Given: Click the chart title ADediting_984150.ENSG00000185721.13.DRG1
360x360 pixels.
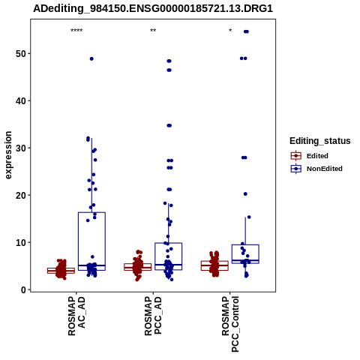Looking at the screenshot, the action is [x=153, y=8].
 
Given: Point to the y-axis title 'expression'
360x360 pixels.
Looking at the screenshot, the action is [x=8, y=155].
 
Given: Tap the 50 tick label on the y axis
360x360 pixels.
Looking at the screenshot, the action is [x=21, y=54].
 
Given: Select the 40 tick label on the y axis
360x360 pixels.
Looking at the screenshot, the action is [x=21, y=101].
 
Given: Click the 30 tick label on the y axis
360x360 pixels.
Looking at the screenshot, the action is [x=21, y=148].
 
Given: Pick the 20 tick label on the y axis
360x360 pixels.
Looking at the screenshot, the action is [x=21, y=196].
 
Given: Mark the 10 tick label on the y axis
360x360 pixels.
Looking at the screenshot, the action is [x=21, y=243].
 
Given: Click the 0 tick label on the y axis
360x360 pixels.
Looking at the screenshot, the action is [x=24, y=290].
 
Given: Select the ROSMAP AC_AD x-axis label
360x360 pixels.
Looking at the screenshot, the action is [x=76, y=316].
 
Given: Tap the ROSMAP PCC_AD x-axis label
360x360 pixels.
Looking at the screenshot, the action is [x=153, y=316].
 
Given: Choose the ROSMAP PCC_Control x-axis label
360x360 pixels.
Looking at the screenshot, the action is [x=230, y=324].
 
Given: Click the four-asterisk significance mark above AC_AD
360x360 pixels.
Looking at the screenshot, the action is [x=76, y=31].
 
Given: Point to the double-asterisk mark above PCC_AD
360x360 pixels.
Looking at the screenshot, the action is [x=153, y=31].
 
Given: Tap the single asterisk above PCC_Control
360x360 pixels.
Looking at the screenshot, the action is [x=230, y=31].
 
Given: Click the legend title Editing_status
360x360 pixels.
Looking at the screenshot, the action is [x=320, y=141].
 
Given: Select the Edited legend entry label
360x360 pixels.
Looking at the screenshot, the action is [x=317, y=156].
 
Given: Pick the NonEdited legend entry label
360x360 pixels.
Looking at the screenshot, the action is [x=325, y=169].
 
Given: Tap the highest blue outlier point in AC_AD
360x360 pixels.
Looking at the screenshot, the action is [x=91, y=58].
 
